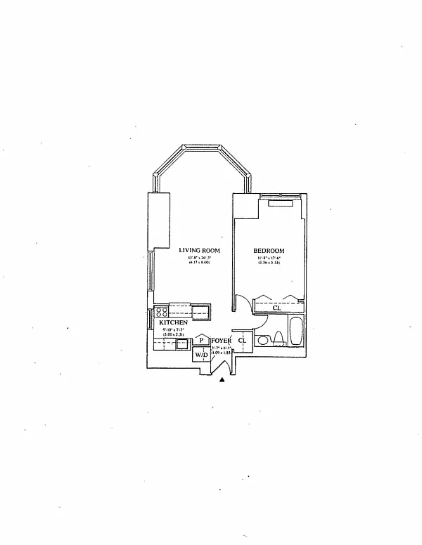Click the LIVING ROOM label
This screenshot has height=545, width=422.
(200, 251)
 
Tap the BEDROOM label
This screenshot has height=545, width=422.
(269, 251)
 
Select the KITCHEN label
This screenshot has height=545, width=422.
(173, 322)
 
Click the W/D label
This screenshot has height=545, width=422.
(201, 355)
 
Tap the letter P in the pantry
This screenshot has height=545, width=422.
(201, 340)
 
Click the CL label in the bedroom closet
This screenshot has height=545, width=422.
(276, 307)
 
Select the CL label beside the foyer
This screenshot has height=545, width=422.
(242, 341)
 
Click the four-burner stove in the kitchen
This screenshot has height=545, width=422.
(161, 311)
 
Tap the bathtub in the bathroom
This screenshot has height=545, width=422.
(295, 333)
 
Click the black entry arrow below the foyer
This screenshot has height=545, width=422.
(222, 379)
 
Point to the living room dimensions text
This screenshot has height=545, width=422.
(200, 260)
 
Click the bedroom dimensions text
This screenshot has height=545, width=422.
(269, 260)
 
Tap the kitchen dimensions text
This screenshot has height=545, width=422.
(173, 332)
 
